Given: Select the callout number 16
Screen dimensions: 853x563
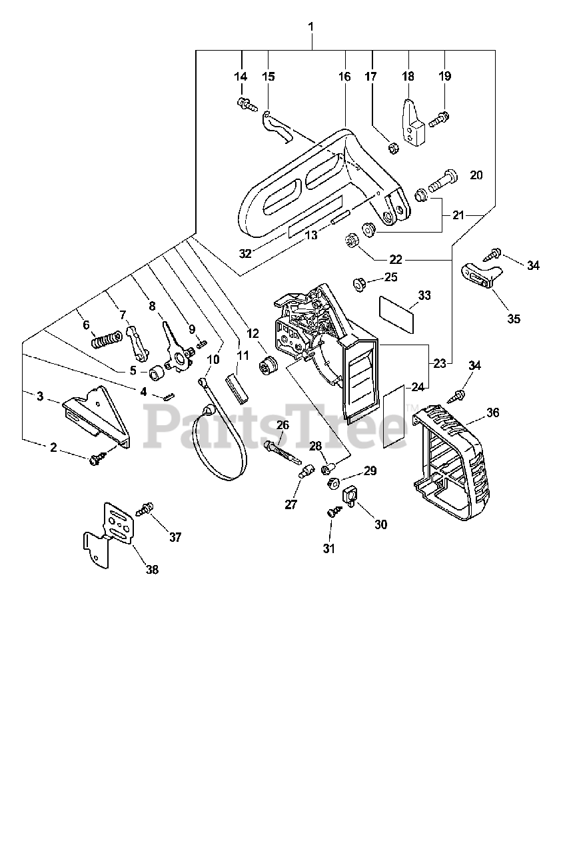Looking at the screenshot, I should coord(344,77).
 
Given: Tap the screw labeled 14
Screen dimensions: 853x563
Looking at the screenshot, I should coord(244,103).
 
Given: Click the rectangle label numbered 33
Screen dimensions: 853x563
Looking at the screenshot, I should coord(397,313).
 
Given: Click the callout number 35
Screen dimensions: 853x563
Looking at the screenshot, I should coord(513,319).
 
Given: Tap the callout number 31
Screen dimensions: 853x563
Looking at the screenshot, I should coord(329,548).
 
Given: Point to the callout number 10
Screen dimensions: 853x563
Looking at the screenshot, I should coord(213,359).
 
